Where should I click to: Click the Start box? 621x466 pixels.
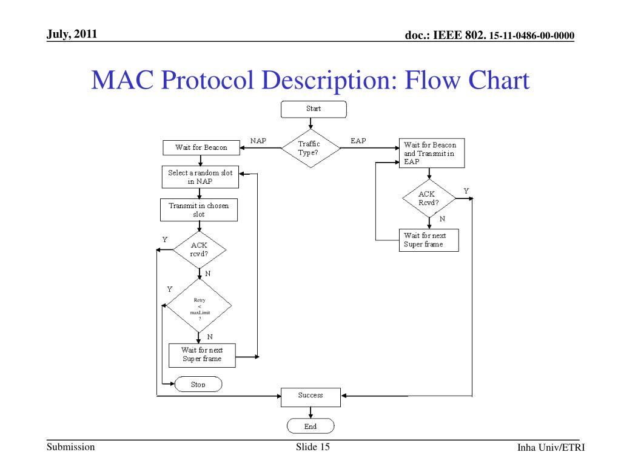314,109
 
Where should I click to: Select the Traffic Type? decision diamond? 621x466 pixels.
311,148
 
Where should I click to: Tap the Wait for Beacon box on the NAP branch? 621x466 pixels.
201,148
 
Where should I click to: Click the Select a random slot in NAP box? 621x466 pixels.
200,177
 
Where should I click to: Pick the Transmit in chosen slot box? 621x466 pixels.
199,210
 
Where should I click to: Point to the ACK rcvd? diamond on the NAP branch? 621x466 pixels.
200,250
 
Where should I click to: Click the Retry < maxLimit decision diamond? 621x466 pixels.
199,306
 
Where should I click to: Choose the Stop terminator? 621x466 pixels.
198,384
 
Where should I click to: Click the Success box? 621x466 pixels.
311,397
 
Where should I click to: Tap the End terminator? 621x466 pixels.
310,427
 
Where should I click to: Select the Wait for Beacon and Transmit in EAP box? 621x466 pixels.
432,154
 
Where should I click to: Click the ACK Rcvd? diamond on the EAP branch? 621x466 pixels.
429,198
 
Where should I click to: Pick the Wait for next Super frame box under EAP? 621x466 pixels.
429,240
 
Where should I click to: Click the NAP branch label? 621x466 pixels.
258,141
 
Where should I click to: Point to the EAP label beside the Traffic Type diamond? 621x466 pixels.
358,141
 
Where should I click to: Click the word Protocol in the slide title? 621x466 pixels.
207,80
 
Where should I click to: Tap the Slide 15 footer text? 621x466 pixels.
312,447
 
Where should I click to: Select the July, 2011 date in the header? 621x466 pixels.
72,34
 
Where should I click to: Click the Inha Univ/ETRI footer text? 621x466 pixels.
551,447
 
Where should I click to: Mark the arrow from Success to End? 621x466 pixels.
310,413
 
